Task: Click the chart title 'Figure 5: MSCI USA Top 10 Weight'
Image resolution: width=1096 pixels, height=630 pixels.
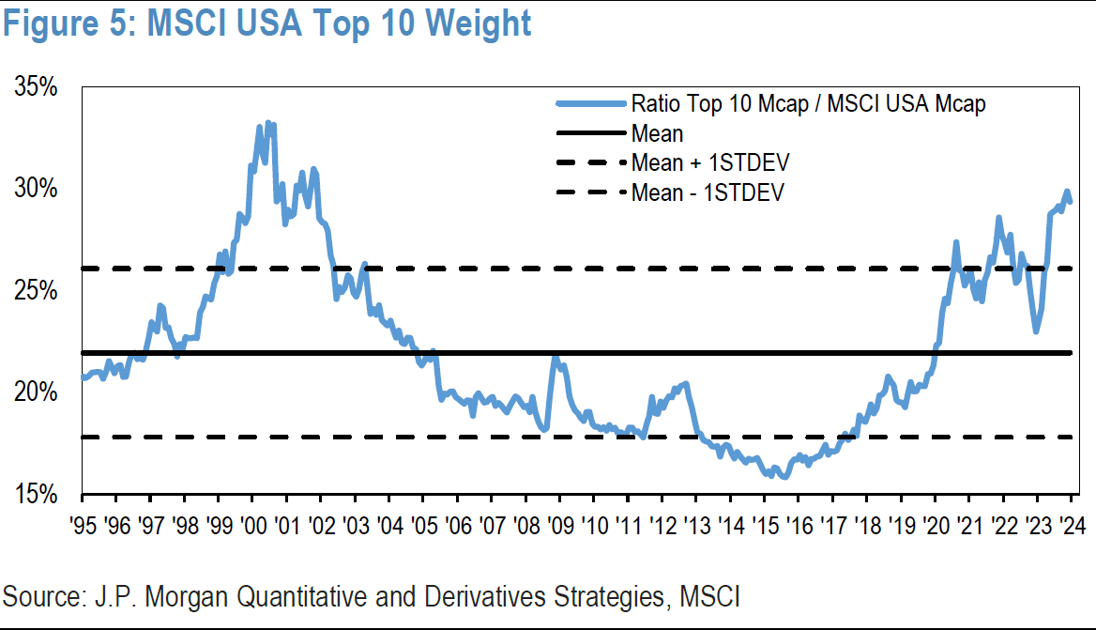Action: pyautogui.click(x=266, y=23)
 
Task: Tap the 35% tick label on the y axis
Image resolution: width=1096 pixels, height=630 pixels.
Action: pyautogui.click(x=38, y=88)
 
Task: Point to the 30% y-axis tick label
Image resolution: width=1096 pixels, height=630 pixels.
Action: pyautogui.click(x=38, y=190)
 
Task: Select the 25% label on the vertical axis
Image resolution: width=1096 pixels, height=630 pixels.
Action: pyautogui.click(x=38, y=292)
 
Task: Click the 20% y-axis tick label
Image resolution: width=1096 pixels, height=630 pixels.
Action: pyautogui.click(x=38, y=392)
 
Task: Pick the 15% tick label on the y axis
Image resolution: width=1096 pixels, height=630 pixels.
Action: pyautogui.click(x=38, y=494)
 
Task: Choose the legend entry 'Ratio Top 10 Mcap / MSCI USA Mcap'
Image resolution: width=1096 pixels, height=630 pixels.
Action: pyautogui.click(x=808, y=103)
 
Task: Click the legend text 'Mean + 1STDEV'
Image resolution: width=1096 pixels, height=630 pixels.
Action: pyautogui.click(x=716, y=163)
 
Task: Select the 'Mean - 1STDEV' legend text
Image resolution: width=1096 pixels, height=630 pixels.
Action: pyautogui.click(x=708, y=193)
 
